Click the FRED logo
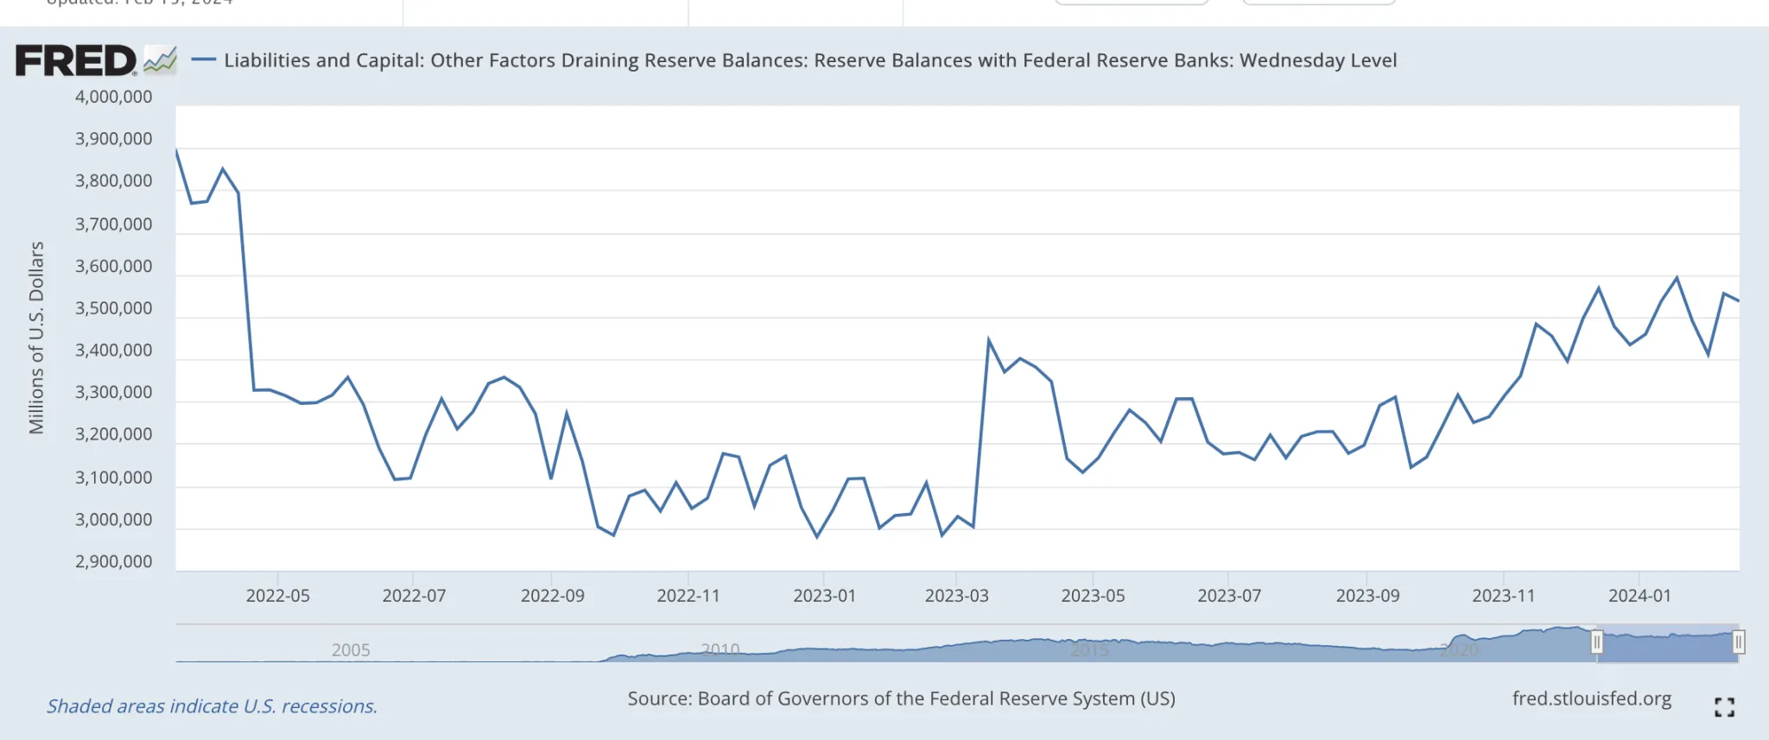click(x=95, y=60)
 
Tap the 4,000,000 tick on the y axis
click(x=113, y=97)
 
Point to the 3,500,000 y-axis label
click(x=113, y=308)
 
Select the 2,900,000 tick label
click(x=113, y=562)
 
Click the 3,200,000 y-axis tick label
click(x=113, y=434)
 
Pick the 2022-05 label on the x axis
click(x=277, y=596)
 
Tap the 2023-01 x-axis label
click(x=824, y=596)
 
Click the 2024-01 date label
click(x=1639, y=596)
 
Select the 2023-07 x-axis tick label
click(x=1228, y=596)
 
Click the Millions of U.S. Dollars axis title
click(x=36, y=338)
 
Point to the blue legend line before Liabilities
click(x=203, y=60)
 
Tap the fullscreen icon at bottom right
click(x=1724, y=707)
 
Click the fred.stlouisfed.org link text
click(x=1591, y=699)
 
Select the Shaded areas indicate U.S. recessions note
click(x=212, y=706)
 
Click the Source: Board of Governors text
click(x=901, y=699)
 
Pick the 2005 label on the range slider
click(x=351, y=650)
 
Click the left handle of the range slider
click(x=1596, y=642)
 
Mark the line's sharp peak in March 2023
click(x=989, y=339)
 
